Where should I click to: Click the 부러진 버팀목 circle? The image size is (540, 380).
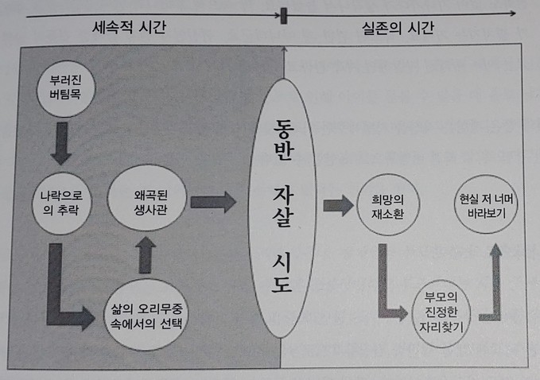click(65, 88)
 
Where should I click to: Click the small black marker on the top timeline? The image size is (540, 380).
click(283, 14)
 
